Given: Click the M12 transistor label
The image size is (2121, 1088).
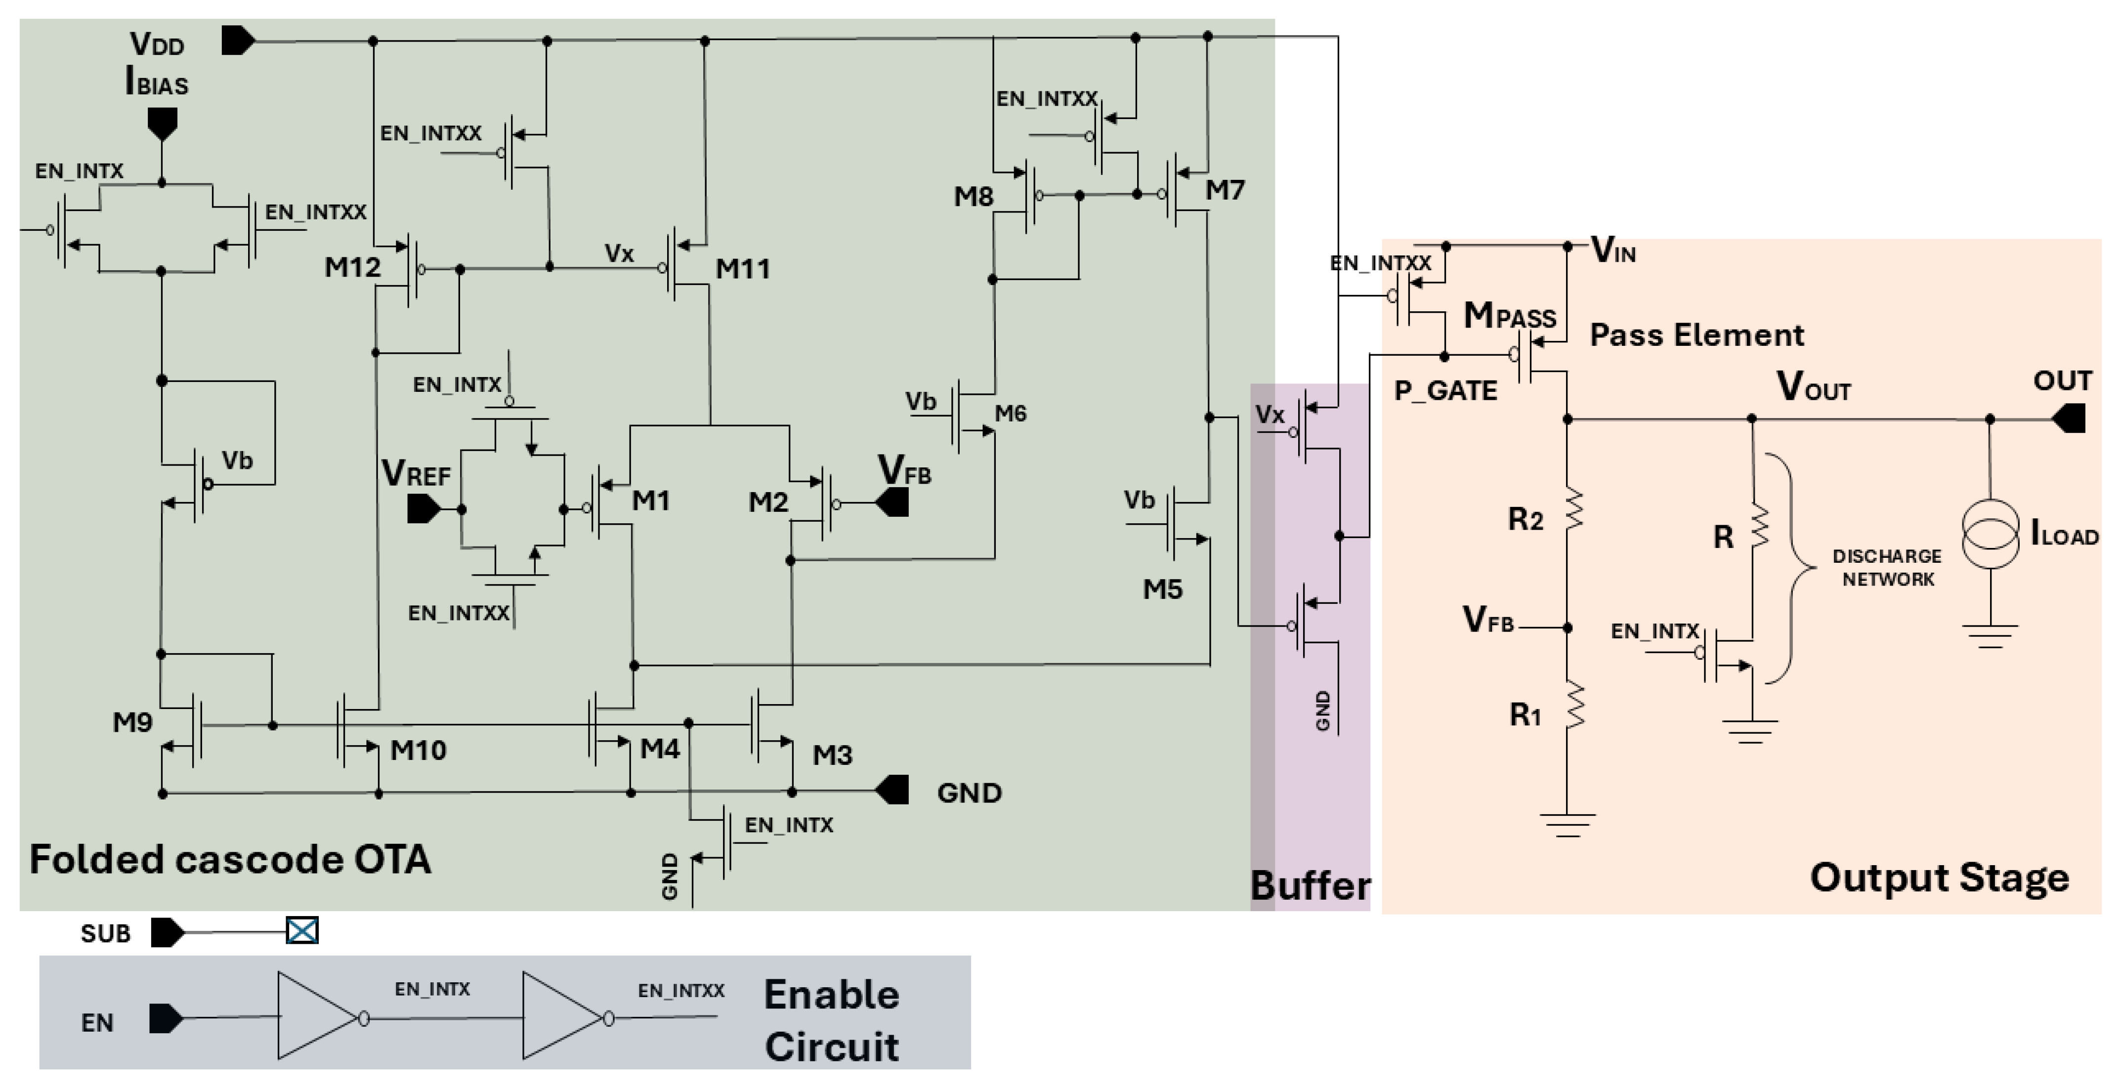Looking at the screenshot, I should pos(352,267).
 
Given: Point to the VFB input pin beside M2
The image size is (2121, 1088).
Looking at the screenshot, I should pos(893,502).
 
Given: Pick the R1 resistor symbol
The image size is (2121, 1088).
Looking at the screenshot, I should pos(1574,705).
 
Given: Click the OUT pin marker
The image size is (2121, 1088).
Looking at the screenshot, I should pos(2068,418).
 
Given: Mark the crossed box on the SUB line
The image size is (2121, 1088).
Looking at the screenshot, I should pos(302,931).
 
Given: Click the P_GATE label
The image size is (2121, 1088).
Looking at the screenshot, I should pos(1445,390).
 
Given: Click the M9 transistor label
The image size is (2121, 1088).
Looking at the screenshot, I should pos(132,722).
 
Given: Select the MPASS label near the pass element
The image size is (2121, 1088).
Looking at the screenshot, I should pos(1509,316).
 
